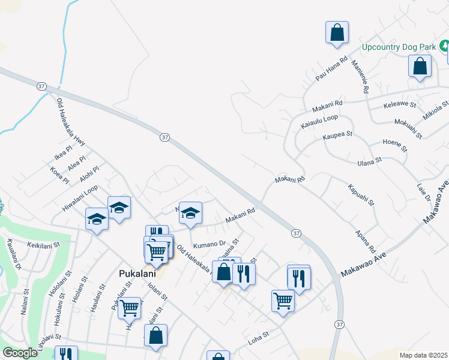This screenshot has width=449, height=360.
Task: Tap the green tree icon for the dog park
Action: click(x=444, y=45)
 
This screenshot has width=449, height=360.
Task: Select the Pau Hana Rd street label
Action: click(x=332, y=69)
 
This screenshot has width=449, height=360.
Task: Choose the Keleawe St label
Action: click(x=400, y=106)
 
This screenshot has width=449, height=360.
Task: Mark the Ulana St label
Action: click(x=370, y=161)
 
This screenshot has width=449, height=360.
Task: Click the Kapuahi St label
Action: click(x=360, y=195)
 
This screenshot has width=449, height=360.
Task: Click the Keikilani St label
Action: click(x=44, y=245)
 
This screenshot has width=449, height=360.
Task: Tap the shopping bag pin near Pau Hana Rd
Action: click(x=337, y=32)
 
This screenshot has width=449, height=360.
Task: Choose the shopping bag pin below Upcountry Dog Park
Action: click(x=420, y=66)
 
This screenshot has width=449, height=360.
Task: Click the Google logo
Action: click(x=19, y=353)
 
